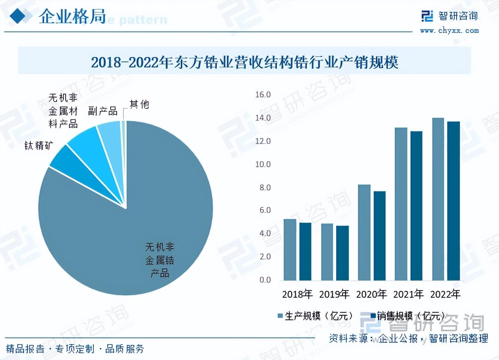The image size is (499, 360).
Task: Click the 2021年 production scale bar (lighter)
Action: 401,204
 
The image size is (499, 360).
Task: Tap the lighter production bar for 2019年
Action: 327,252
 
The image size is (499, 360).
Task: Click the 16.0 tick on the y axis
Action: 263,94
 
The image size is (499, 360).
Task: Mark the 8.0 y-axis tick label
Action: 265,187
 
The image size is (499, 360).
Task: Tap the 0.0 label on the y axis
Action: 265,280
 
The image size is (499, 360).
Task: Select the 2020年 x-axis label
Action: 371,294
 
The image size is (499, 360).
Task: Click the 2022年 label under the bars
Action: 445,294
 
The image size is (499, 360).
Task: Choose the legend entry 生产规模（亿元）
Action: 315,316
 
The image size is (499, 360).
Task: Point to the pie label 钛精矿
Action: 39,145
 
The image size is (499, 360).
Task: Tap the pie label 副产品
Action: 103,111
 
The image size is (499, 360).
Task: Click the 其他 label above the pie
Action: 139,104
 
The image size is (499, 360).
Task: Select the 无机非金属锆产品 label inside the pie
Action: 160,260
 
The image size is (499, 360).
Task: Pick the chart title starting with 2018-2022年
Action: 245,62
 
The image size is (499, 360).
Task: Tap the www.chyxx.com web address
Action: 449,31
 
